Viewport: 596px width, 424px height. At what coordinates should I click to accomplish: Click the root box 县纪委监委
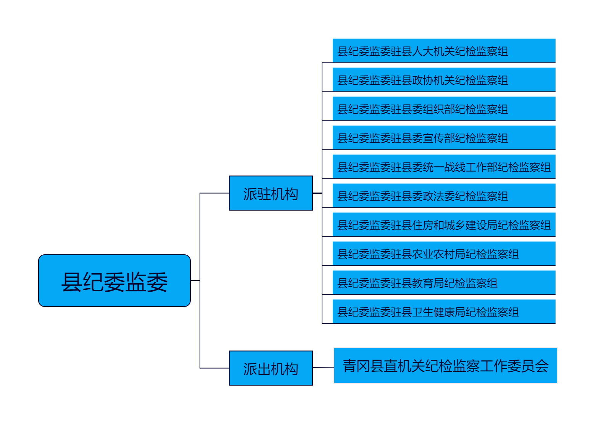click(114, 281)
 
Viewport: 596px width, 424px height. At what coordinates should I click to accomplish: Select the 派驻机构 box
click(271, 193)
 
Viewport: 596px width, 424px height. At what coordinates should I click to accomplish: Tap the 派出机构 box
click(271, 368)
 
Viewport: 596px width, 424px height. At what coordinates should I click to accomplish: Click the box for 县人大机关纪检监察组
click(444, 50)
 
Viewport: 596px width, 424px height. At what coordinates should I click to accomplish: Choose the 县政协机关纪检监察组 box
click(444, 79)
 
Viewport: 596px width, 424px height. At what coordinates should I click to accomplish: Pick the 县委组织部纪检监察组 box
click(444, 108)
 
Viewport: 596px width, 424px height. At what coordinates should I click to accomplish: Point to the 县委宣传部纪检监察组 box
click(444, 137)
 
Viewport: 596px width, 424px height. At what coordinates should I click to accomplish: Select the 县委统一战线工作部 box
click(444, 166)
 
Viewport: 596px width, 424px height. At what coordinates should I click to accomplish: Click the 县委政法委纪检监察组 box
click(444, 195)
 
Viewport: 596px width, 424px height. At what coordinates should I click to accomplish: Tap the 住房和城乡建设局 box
click(444, 224)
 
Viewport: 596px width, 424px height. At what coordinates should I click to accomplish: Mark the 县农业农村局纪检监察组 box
click(444, 253)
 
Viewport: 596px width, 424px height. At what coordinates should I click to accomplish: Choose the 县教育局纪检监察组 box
click(444, 282)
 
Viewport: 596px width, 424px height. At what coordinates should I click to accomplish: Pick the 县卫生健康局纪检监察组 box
click(444, 311)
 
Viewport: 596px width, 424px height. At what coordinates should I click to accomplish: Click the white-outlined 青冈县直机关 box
click(445, 365)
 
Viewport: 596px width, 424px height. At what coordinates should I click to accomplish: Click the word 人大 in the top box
click(423, 51)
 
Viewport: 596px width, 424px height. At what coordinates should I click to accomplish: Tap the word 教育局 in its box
click(428, 283)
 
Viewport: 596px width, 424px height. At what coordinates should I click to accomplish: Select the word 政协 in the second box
click(423, 80)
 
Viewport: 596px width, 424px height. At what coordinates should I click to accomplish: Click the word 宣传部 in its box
click(439, 138)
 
